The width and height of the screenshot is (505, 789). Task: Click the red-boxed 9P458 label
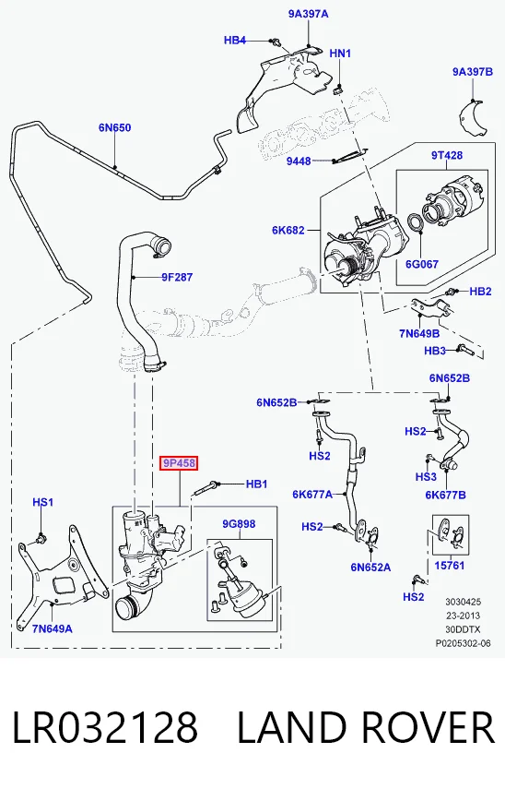(x=179, y=463)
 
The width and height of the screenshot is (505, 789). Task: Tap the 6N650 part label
(x=114, y=128)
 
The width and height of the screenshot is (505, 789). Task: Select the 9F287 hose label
(x=177, y=277)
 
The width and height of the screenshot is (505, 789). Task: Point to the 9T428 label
(x=447, y=155)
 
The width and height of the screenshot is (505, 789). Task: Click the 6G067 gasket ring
(x=415, y=223)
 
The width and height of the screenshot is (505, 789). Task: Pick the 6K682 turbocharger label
(x=288, y=230)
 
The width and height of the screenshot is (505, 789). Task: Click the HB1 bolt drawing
(x=206, y=487)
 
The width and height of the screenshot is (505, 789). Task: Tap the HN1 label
(x=340, y=53)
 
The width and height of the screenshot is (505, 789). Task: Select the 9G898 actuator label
(x=239, y=524)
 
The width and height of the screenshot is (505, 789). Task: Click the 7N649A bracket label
(x=53, y=628)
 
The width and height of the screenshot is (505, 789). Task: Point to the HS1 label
(x=42, y=502)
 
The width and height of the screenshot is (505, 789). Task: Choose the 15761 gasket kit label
(x=449, y=566)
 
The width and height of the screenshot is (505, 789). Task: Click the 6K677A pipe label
(x=312, y=494)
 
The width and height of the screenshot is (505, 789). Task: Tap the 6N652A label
(x=370, y=568)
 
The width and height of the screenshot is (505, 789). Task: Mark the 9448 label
(x=299, y=161)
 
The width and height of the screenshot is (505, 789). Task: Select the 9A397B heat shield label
(x=473, y=71)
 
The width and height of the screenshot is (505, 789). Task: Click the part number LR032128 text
(x=104, y=727)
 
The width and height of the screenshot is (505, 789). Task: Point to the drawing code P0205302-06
(x=463, y=643)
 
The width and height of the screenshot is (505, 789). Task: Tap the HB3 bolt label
(x=435, y=351)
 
